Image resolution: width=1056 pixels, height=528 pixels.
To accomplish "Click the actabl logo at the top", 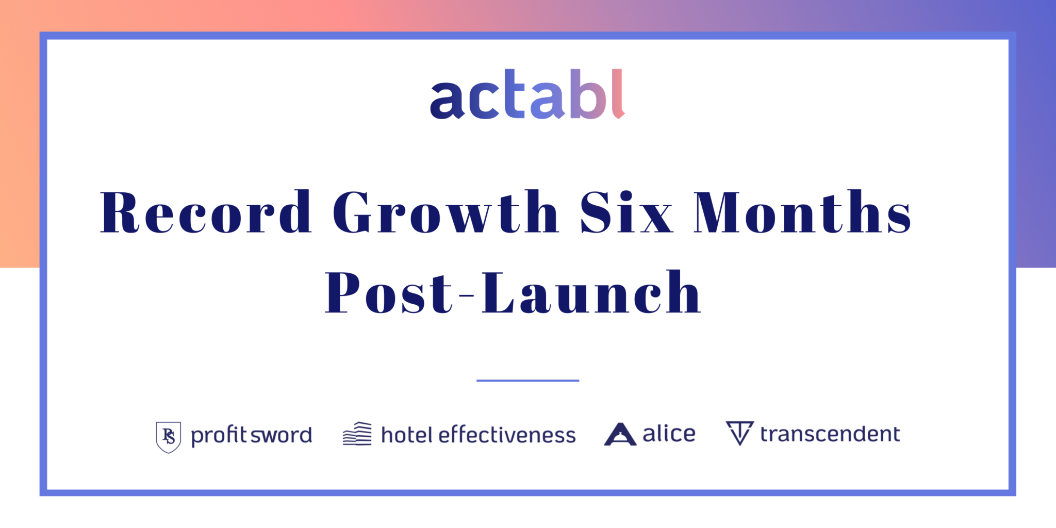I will (x=527, y=94).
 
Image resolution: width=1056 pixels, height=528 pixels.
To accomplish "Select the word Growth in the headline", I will (x=445, y=212).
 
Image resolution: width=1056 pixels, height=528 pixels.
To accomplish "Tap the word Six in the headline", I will (x=626, y=212).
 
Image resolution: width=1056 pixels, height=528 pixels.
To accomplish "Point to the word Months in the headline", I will (x=802, y=212).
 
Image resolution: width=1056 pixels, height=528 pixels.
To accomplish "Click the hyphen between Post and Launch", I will (x=466, y=295).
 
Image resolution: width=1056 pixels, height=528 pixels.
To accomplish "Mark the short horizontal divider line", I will (x=527, y=381).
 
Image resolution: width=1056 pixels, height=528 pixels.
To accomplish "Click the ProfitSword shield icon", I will (x=168, y=437).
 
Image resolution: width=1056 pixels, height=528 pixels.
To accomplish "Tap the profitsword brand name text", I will (x=252, y=435).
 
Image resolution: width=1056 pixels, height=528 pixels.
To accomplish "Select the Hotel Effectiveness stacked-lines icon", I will (x=357, y=434).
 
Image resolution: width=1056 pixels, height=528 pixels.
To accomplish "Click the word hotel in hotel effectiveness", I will (x=406, y=435).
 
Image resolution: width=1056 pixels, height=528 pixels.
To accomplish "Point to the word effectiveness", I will (x=507, y=435).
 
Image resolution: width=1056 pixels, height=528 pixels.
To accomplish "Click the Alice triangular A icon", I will (x=620, y=434).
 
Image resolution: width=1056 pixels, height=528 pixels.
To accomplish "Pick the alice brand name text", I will (x=669, y=434).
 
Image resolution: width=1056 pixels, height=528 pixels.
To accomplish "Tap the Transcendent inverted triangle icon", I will (x=739, y=433).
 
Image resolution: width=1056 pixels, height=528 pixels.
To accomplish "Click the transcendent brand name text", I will (x=830, y=434).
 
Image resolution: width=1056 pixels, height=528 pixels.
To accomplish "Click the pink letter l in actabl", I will (x=619, y=94).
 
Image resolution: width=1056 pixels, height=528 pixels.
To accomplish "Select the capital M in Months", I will (x=716, y=212).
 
